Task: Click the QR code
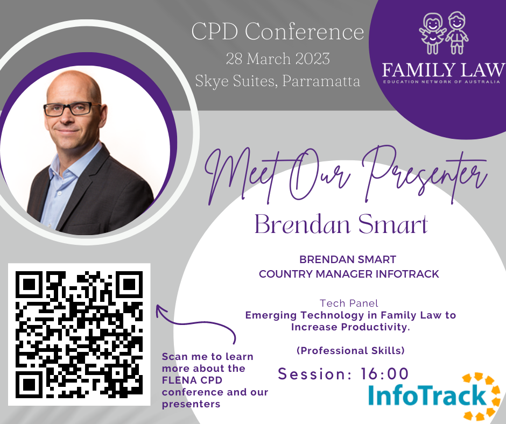(x=79, y=334)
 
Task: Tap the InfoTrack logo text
(x=427, y=395)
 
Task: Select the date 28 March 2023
(x=278, y=59)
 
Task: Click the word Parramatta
(x=321, y=81)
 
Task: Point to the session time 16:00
(x=384, y=374)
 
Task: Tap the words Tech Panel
(x=349, y=303)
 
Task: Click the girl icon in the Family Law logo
(x=432, y=33)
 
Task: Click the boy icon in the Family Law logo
(x=456, y=32)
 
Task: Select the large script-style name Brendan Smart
(x=341, y=224)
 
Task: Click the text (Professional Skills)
(x=350, y=350)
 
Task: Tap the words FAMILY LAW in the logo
(x=444, y=70)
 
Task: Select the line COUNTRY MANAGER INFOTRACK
(x=349, y=274)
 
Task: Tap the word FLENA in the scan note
(x=177, y=380)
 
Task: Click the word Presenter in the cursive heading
(x=426, y=174)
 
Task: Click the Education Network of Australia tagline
(x=442, y=82)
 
